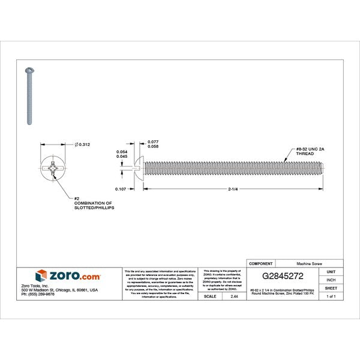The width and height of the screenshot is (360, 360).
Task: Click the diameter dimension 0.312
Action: [84, 144]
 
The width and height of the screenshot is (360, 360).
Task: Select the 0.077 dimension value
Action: [153, 142]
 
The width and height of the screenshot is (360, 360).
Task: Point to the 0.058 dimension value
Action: [153, 147]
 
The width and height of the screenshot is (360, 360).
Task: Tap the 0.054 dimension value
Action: [122, 152]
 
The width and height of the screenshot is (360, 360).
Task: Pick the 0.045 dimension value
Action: [122, 157]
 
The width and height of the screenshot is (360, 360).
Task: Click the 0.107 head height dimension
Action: [120, 190]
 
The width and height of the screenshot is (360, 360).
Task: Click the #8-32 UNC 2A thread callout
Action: [309, 151]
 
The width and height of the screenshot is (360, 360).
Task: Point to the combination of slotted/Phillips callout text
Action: [94, 204]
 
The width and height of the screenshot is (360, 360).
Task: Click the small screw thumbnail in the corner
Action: [28, 96]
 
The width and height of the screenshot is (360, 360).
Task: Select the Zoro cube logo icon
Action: [41, 276]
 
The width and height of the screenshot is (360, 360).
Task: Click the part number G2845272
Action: [283, 277]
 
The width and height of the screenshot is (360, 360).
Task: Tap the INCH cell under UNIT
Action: [331, 280]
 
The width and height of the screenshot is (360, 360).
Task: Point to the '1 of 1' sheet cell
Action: [331, 296]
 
